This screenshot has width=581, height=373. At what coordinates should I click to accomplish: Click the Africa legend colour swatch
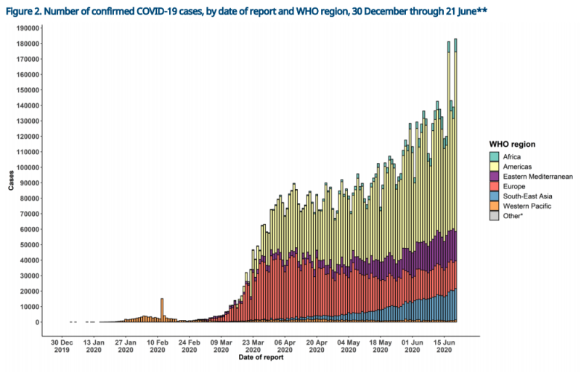pyautogui.click(x=494, y=156)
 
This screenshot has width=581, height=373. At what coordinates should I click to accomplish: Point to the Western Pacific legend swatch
pyautogui.click(x=494, y=206)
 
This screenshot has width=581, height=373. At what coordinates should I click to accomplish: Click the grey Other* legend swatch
pyautogui.click(x=494, y=216)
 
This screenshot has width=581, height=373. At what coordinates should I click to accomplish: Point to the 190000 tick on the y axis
pyautogui.click(x=27, y=28)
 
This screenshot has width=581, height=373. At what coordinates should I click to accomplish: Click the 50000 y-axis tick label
pyautogui.click(x=29, y=244)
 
